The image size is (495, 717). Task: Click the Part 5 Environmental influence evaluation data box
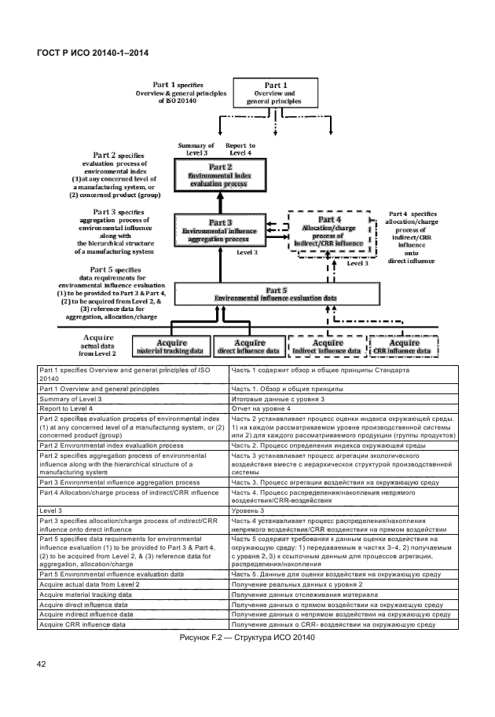(x=277, y=294)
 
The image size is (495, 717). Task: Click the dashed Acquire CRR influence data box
(x=404, y=346)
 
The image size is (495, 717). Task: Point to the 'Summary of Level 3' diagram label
(x=196, y=149)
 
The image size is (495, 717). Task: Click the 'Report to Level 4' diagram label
(x=240, y=149)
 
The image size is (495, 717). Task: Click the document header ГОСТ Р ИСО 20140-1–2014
(x=93, y=53)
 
